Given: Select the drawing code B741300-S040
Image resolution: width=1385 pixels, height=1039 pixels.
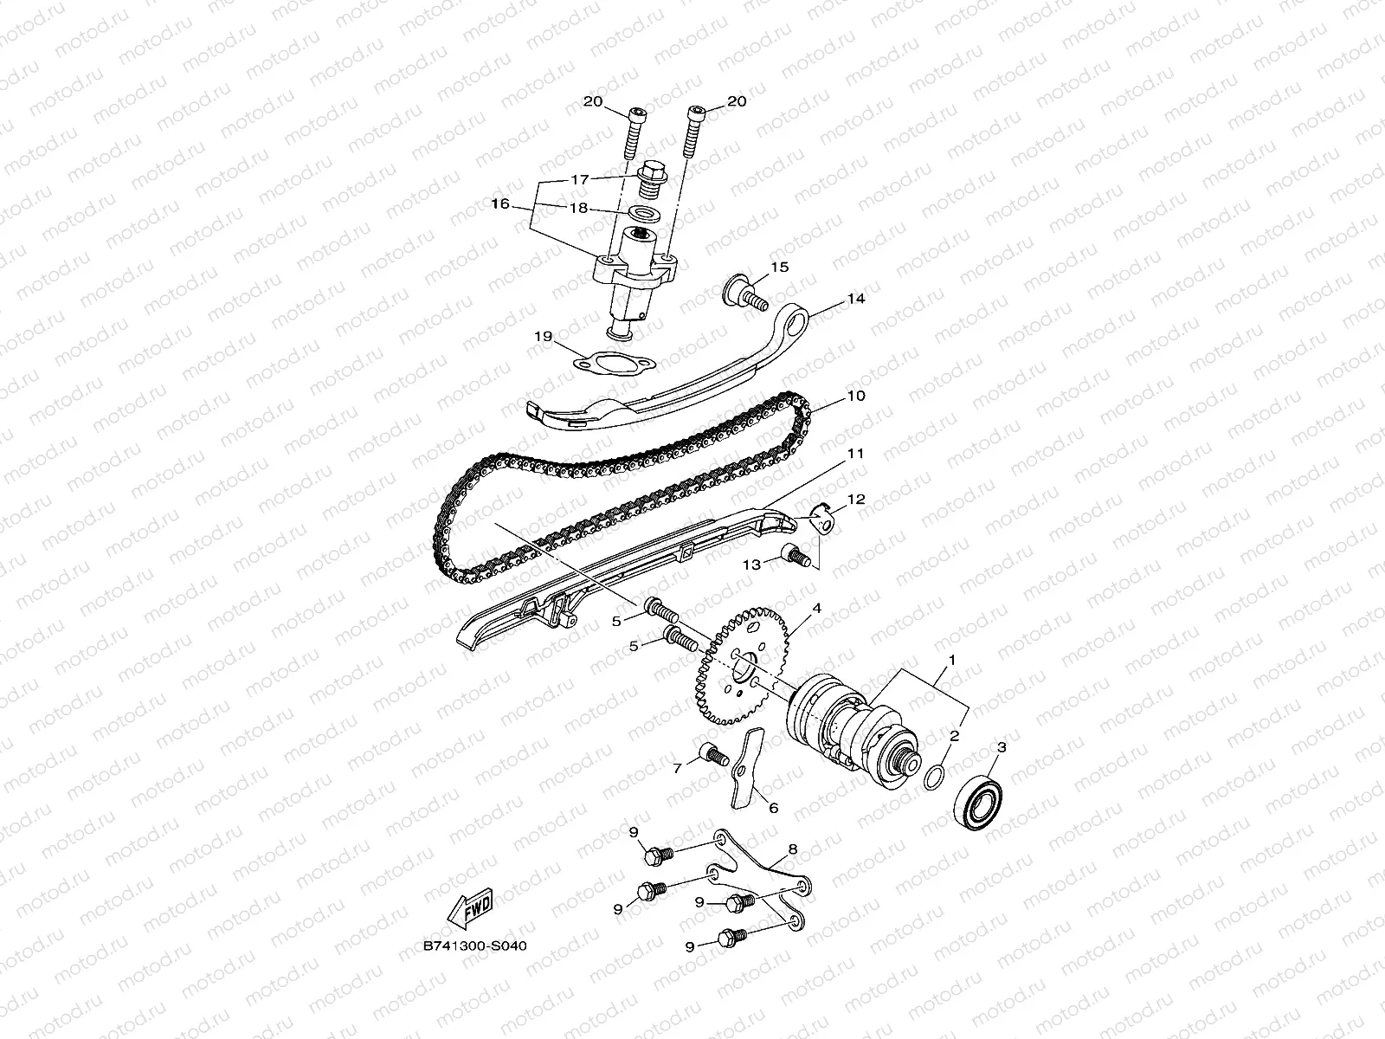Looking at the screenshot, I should (x=474, y=945).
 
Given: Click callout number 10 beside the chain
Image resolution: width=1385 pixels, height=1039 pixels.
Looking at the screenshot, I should (x=856, y=397).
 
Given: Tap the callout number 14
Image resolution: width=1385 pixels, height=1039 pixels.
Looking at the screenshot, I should (x=856, y=299).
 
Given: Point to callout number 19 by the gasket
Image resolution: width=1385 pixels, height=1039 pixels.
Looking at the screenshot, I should (x=543, y=338).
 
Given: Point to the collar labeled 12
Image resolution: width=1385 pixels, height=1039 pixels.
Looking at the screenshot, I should (x=827, y=521).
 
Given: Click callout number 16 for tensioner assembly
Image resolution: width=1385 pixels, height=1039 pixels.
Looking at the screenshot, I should (x=525, y=204).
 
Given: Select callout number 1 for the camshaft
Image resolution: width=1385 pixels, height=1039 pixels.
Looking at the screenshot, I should (x=952, y=660).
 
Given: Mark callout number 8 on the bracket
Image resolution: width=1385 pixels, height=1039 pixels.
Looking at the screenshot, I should (x=793, y=849).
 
